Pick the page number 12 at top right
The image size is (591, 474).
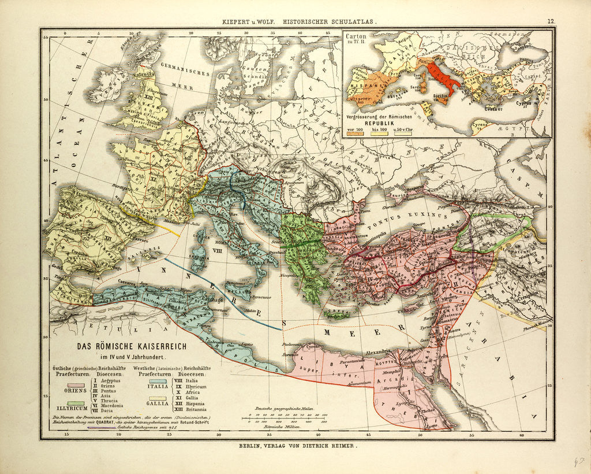point(551,21)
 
